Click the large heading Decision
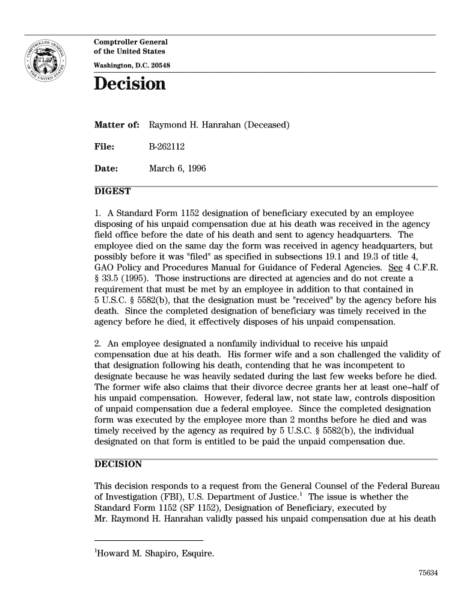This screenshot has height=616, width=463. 129,84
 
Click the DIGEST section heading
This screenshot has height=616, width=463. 112,191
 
